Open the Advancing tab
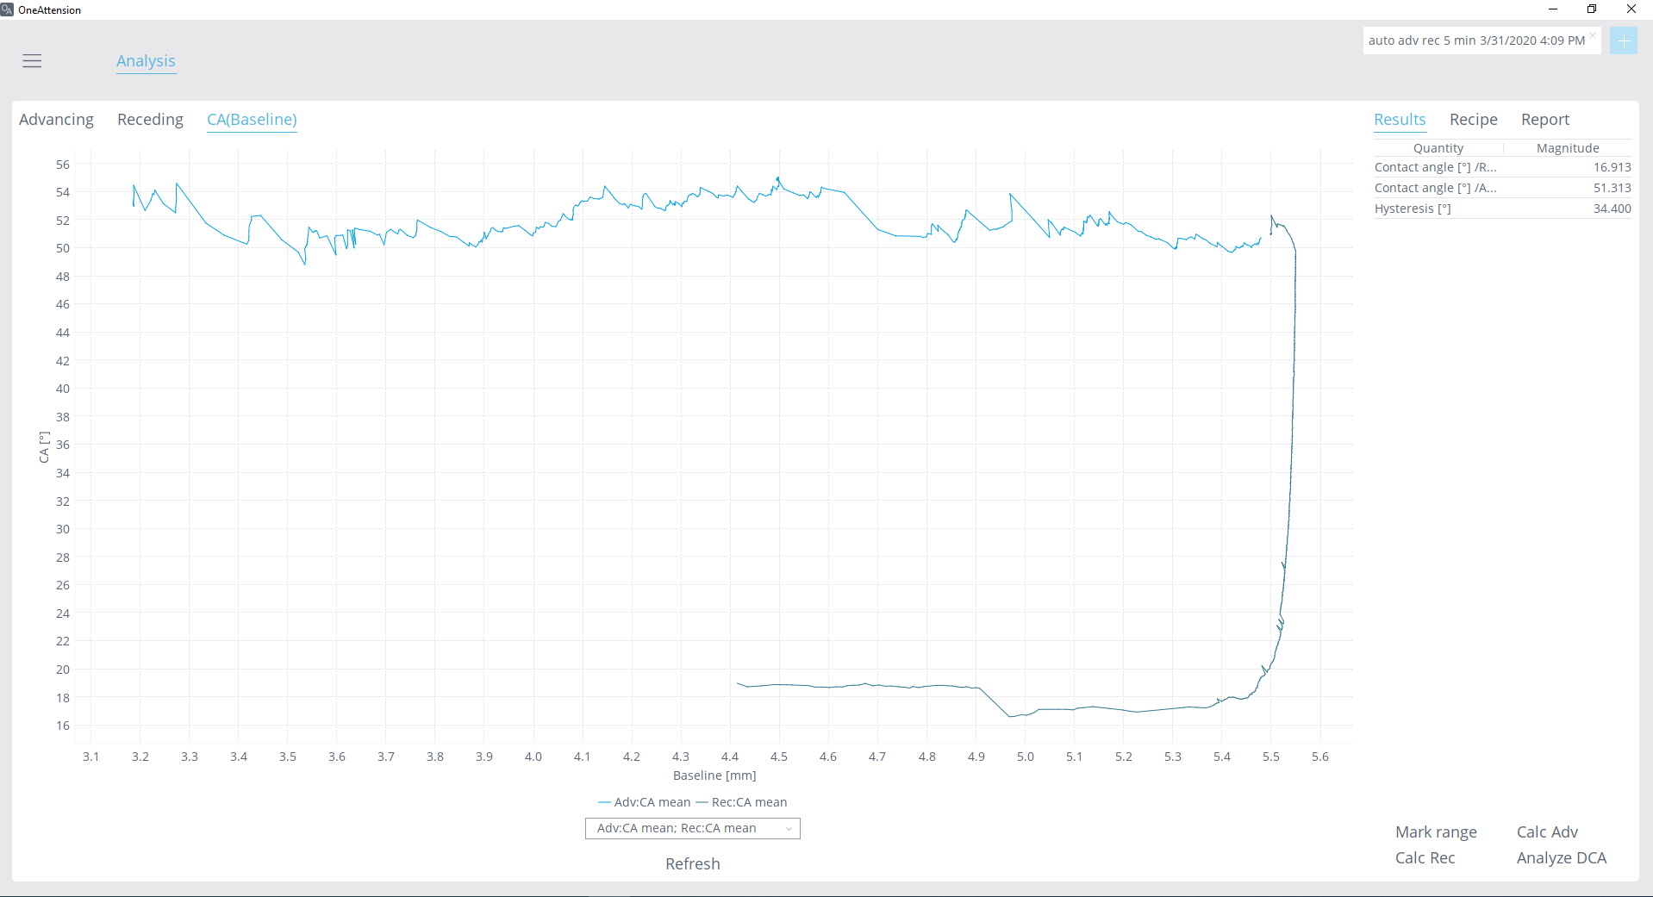point(56,120)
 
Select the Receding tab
point(150,120)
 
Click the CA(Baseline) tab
point(252,120)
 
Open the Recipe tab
point(1473,120)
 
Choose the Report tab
point(1545,120)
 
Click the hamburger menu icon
point(32,61)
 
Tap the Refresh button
point(692,863)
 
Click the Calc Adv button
point(1547,832)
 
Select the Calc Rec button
point(1425,857)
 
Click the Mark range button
point(1436,832)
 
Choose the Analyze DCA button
point(1561,857)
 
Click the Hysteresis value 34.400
point(1612,209)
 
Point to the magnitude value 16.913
point(1612,167)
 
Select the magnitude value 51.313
point(1612,188)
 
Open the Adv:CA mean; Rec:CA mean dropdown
point(692,828)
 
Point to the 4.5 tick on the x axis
point(778,757)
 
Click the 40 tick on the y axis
point(63,389)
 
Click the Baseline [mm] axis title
point(714,776)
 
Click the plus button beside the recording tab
point(1623,40)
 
